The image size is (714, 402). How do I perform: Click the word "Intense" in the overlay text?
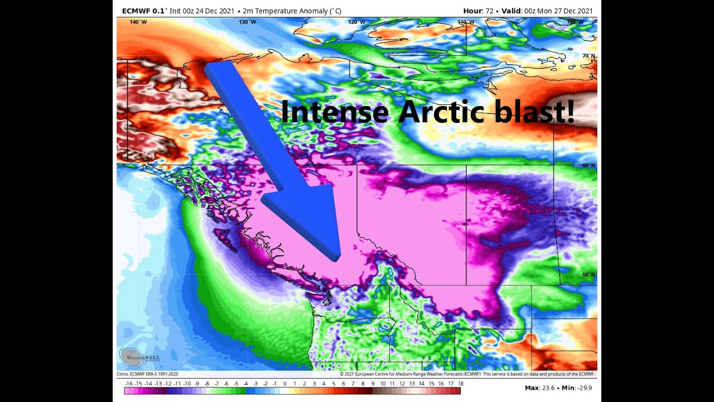click(334, 112)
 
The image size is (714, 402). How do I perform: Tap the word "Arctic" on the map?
click(438, 112)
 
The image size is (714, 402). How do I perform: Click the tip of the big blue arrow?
click(336, 258)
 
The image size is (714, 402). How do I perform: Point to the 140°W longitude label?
click(138, 22)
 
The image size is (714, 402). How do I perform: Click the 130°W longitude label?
click(247, 22)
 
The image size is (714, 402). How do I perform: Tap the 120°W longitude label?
click(356, 22)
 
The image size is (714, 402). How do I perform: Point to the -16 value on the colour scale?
click(129, 384)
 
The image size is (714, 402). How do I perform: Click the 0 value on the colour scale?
click(284, 384)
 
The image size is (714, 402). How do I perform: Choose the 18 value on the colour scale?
click(460, 384)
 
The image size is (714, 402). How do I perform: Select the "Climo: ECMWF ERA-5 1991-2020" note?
click(147, 374)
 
